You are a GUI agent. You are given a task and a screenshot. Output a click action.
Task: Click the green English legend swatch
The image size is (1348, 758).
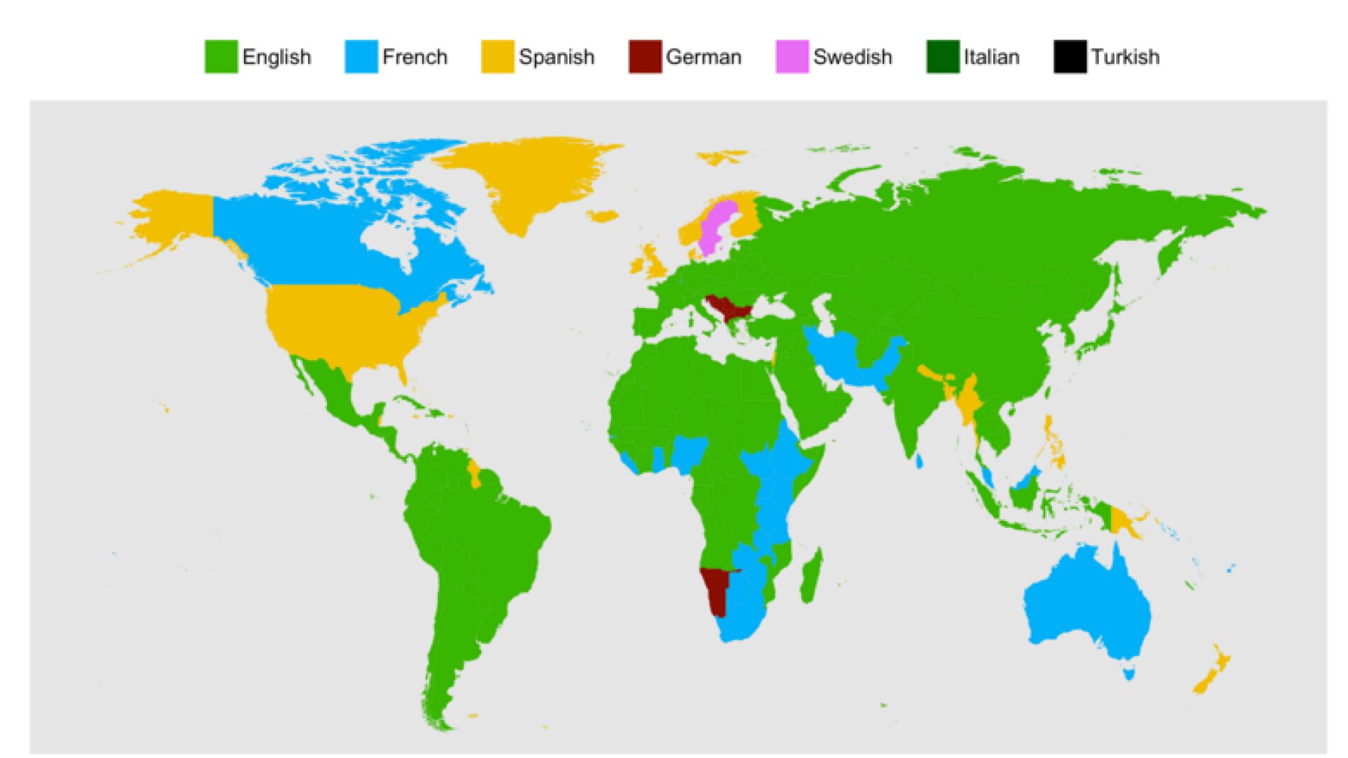(221, 57)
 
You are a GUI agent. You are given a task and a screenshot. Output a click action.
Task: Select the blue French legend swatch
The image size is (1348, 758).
(361, 57)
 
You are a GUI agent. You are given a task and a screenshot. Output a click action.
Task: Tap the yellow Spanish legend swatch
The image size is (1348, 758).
(497, 57)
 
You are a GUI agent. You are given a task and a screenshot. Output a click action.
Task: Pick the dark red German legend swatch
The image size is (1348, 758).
(645, 57)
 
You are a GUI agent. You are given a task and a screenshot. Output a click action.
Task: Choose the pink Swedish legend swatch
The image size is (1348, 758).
(792, 57)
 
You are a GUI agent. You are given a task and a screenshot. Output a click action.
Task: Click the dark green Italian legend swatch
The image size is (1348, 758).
(942, 57)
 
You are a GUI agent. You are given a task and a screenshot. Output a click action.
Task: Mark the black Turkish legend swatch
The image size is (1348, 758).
(1070, 57)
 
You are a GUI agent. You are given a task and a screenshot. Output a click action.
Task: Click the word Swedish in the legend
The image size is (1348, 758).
(852, 57)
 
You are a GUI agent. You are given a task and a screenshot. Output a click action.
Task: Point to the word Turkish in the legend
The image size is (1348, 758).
(1125, 57)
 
